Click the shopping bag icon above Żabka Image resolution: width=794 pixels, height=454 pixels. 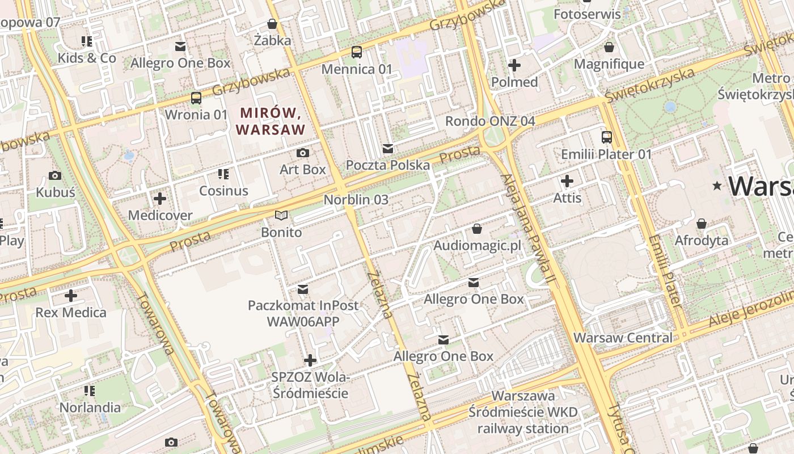pos(272,24)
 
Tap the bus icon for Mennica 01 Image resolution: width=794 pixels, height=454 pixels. pos(357,52)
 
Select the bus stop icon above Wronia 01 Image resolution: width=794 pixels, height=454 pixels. pos(196,98)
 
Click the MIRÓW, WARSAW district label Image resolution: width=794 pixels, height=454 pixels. pos(271,121)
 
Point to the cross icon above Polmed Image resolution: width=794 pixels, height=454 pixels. pos(514,65)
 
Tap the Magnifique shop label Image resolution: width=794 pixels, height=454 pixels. pos(609,64)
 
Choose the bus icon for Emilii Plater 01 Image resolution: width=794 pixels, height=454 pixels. pos(606,137)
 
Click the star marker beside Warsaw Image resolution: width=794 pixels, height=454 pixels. pos(717,186)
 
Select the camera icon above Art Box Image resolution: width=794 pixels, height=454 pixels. pos(303,153)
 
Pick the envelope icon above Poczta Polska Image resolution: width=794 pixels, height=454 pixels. pos(388,149)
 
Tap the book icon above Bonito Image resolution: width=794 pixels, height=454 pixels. pos(281,215)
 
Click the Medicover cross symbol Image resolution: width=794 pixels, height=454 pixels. pos(160,199)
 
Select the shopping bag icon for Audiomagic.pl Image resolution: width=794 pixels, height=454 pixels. pos(477,229)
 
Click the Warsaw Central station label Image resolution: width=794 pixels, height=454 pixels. pos(623,338)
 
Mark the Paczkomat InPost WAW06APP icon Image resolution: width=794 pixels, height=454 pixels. pos(303,289)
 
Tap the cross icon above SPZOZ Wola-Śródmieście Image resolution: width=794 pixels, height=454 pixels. pos(310,360)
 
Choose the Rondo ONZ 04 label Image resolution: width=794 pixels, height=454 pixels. pos(490,121)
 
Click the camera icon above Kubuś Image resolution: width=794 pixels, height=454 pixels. pos(55,176)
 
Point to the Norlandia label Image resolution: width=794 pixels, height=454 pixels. pos(90,407)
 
